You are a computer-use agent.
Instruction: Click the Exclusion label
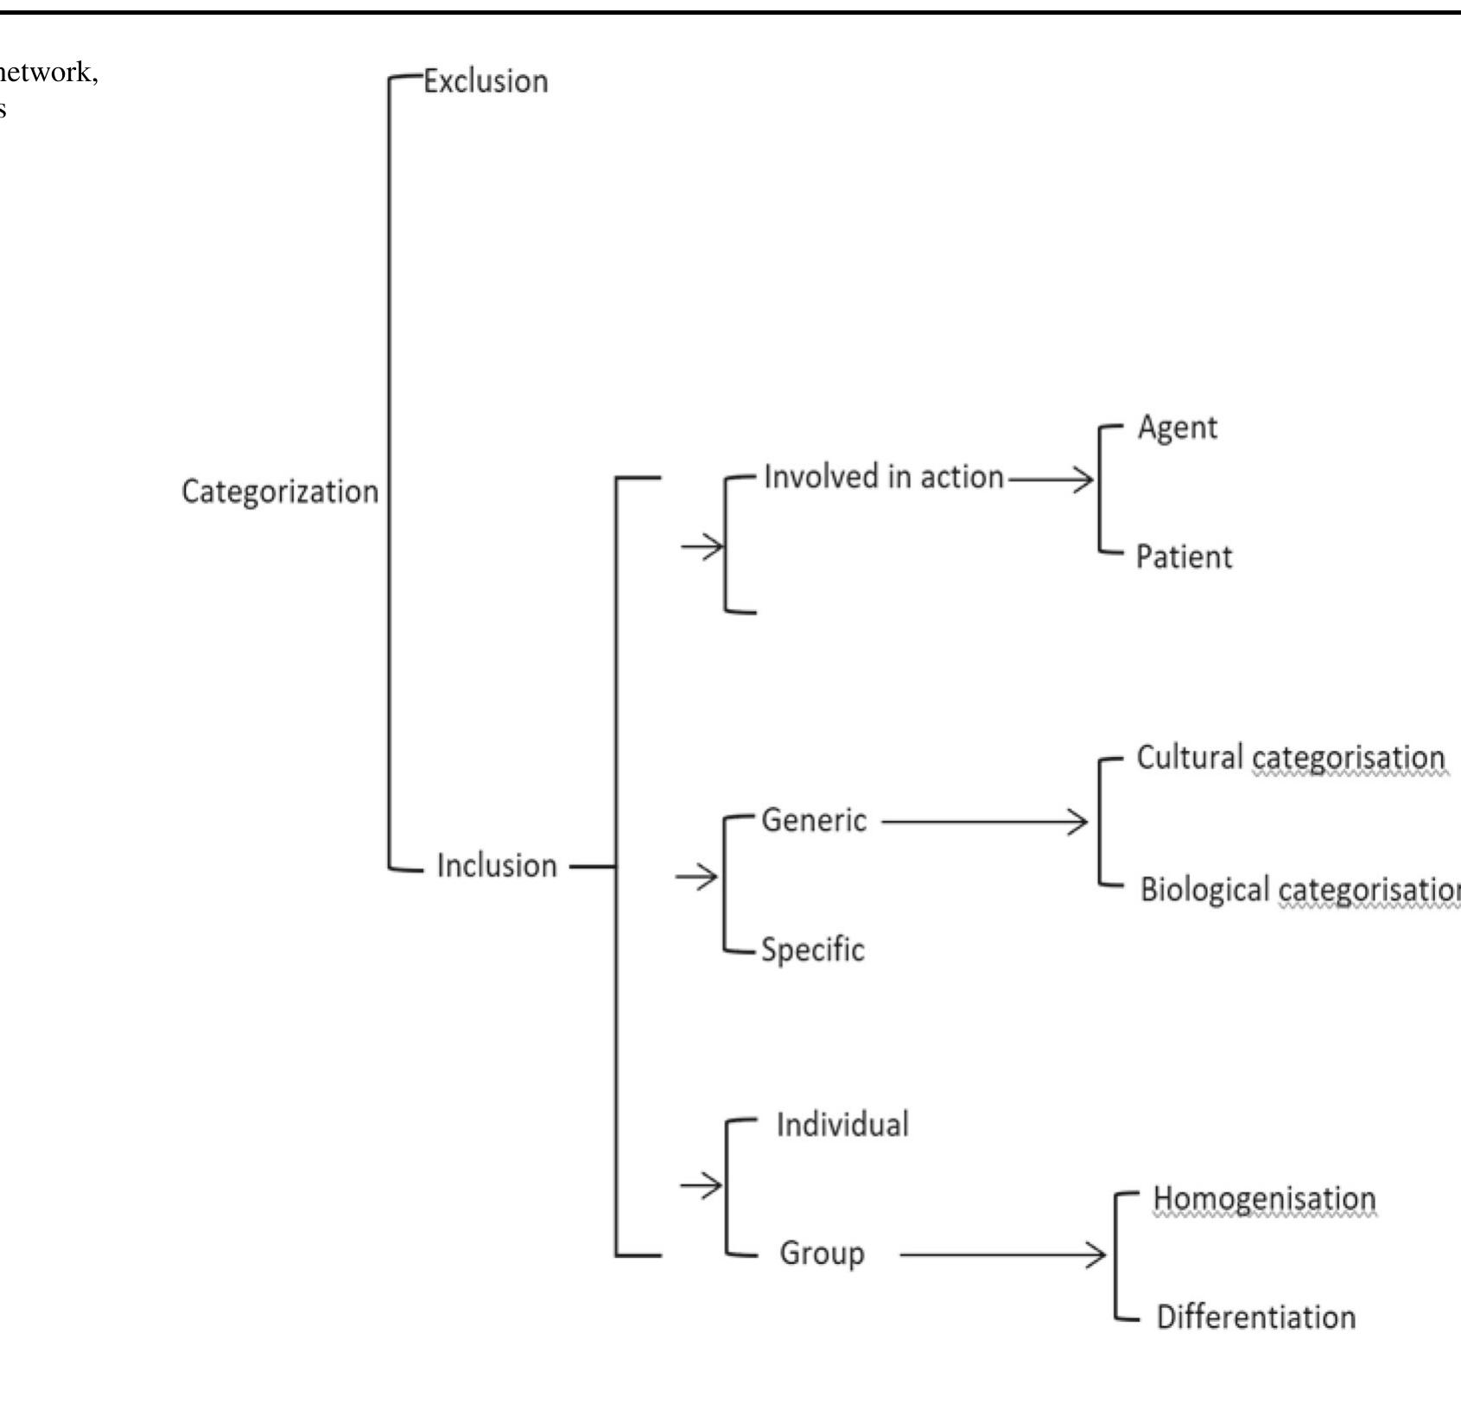point(485,81)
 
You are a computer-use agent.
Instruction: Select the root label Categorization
point(280,492)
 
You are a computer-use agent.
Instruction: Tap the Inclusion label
point(497,866)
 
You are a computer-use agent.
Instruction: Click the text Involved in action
point(884,477)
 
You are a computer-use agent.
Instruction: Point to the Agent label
point(1177,428)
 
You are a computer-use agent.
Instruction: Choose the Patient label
point(1184,557)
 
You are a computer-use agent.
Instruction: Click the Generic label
point(814,821)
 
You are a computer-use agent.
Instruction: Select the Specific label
point(812,950)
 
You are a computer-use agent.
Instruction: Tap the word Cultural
point(1189,758)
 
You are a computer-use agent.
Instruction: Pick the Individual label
point(842,1125)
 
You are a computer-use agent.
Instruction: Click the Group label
point(822,1254)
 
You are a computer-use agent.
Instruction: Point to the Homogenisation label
point(1264,1199)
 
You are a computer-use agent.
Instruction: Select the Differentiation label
point(1256,1318)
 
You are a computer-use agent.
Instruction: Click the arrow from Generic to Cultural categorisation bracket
point(985,822)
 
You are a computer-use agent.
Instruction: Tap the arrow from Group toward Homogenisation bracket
point(1002,1254)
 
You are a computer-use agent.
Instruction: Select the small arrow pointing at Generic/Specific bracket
point(697,878)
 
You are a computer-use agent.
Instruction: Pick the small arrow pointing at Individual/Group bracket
point(701,1186)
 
